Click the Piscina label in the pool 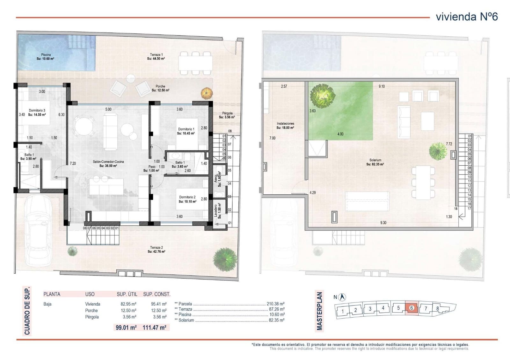pos(46,57)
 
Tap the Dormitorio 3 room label pos(37,112)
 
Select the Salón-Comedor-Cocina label pos(108,163)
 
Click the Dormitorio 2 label pos(187,199)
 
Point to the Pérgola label pos(227,115)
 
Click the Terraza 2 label pos(156,249)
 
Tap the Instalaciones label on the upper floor pos(285,126)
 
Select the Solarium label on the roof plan pos(375,162)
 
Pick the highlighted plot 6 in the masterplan pos(412,308)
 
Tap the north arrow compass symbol pos(343,297)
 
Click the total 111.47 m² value pos(155,327)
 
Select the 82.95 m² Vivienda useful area pos(126,304)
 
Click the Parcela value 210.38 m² pos(275,304)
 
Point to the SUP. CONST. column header pos(157,294)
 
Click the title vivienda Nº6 pos(467,17)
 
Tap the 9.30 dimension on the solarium pos(383,223)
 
